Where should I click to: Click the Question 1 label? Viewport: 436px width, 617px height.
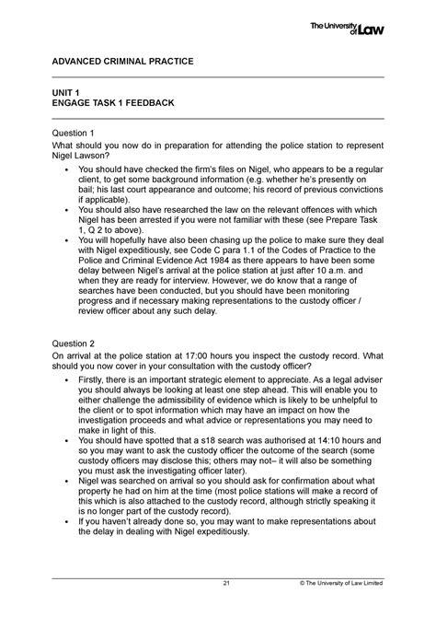tap(77, 133)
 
